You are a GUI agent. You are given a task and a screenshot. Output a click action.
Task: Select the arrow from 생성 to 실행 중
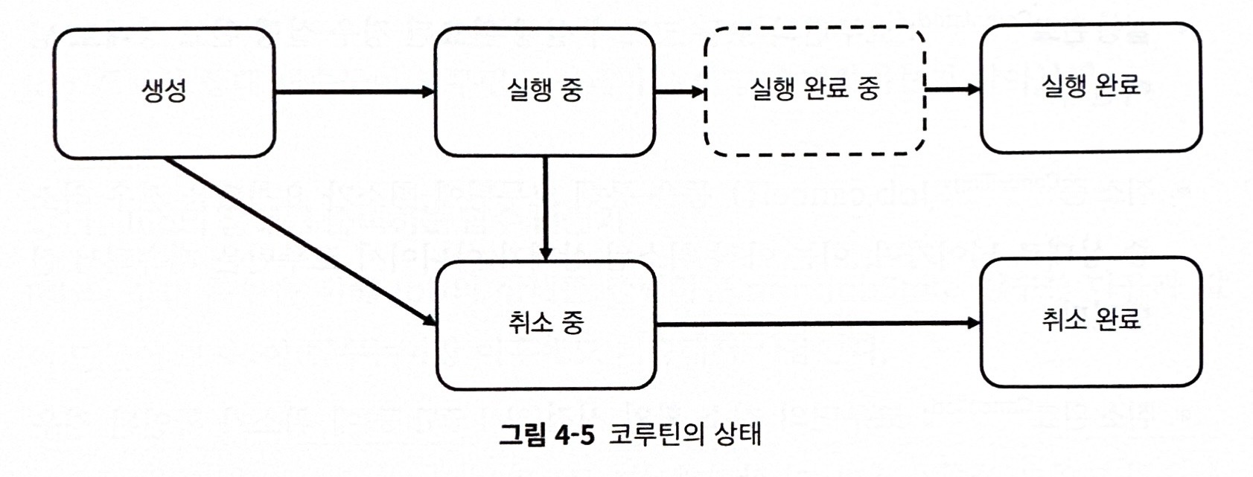[354, 92]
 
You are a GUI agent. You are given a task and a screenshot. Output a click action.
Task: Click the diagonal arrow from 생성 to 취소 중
[300, 241]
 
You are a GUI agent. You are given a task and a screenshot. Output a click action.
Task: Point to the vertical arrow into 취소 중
[546, 208]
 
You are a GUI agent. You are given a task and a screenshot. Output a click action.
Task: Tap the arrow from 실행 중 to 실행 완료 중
[680, 91]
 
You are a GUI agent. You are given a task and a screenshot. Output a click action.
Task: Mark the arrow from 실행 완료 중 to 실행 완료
[953, 89]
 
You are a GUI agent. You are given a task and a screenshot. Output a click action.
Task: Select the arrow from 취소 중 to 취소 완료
[818, 323]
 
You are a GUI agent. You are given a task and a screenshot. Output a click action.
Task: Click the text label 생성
[164, 91]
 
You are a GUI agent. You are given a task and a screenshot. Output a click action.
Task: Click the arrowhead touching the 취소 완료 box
[974, 323]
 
